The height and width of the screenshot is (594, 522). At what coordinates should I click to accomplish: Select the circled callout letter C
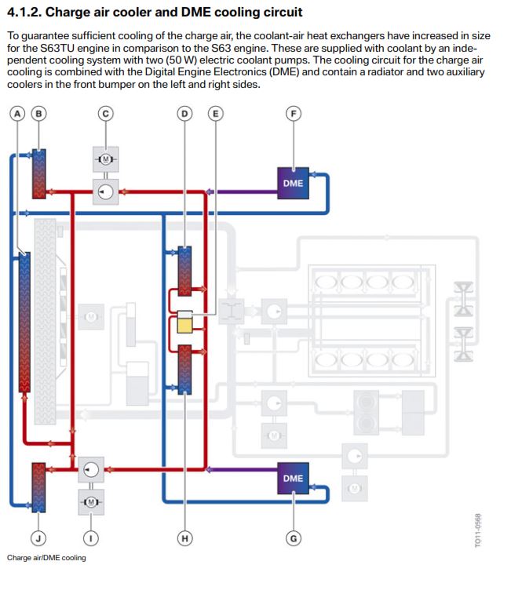105,113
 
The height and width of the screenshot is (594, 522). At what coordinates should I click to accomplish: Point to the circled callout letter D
184,113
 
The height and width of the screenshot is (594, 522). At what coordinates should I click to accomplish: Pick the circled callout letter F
294,113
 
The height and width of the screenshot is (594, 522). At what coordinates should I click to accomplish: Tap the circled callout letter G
294,538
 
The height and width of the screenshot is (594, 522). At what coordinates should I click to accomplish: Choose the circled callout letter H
184,538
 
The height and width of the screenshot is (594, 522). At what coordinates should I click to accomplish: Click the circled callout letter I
91,538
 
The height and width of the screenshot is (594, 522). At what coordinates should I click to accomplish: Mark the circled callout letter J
37,538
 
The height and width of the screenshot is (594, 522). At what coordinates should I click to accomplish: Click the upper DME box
293,184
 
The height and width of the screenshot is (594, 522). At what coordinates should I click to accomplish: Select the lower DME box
293,478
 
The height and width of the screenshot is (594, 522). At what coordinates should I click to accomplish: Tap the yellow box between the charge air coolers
184,321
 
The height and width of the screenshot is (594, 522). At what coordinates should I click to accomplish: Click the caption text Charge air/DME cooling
46,558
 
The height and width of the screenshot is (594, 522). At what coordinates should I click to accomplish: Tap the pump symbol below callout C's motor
105,190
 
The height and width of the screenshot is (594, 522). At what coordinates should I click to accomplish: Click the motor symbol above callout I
91,501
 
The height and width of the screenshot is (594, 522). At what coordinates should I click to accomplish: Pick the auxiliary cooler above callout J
37,486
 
